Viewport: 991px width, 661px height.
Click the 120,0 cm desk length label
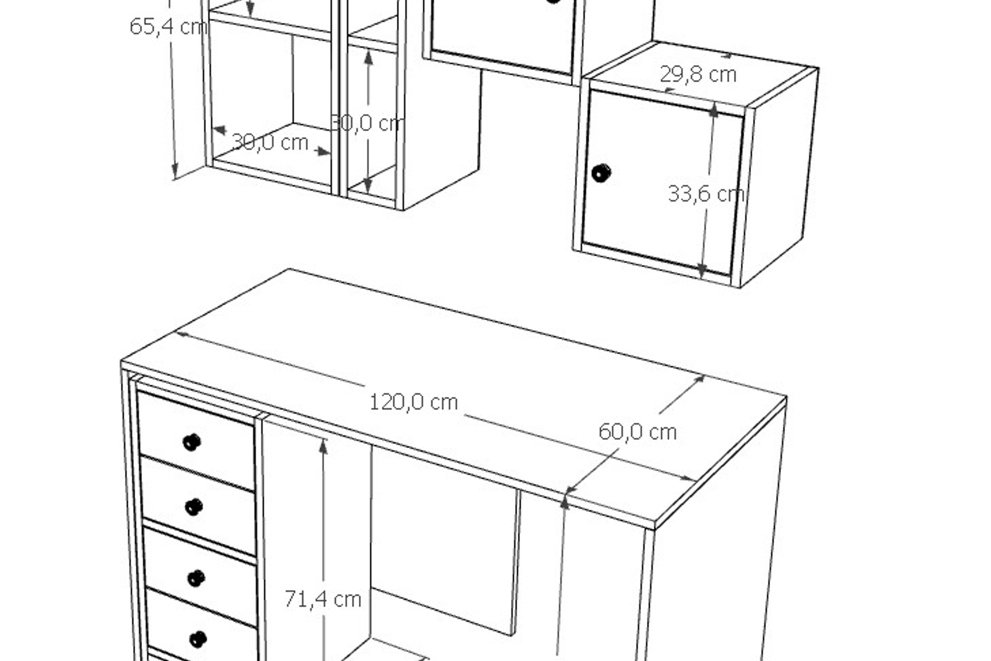(413, 402)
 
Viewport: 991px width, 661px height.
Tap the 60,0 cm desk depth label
(637, 432)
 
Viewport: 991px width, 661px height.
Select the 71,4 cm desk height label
(323, 599)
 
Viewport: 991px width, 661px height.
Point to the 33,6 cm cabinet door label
(706, 194)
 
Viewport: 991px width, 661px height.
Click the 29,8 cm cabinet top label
(698, 75)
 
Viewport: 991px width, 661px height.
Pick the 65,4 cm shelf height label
(168, 27)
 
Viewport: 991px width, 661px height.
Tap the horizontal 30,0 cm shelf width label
(269, 142)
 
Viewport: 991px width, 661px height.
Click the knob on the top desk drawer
(192, 442)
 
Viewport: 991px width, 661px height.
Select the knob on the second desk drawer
(194, 507)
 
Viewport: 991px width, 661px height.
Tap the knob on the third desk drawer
(196, 578)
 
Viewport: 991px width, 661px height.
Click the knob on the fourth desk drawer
(198, 639)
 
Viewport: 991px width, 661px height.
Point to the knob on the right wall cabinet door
(601, 173)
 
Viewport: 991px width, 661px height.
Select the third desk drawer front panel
(201, 577)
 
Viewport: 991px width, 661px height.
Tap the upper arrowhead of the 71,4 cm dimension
(323, 446)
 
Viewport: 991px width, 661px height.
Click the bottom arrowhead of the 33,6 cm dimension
(702, 270)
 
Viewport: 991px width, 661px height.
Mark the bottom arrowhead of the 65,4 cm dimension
(175, 170)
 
